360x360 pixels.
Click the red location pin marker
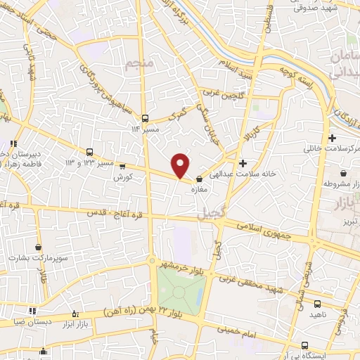[181, 165]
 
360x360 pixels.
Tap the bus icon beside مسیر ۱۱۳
[145, 118]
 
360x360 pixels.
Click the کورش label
[123, 178]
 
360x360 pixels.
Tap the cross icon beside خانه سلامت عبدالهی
[243, 162]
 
